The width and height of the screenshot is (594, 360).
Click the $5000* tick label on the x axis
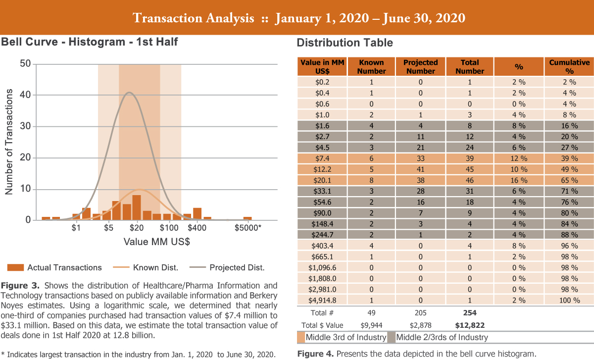(x=247, y=228)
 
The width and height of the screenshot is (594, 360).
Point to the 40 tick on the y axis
(x=25, y=95)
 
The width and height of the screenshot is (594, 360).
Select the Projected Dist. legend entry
(x=237, y=267)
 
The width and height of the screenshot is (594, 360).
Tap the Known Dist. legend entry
(x=155, y=267)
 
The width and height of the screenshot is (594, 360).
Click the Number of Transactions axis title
(x=8, y=142)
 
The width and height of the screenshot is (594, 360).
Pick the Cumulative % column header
(x=569, y=66)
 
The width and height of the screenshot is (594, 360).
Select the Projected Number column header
(x=421, y=66)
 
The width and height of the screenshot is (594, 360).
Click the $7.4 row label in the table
(x=321, y=158)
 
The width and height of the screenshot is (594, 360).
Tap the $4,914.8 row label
(x=321, y=300)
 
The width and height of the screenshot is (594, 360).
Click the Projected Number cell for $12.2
(x=421, y=169)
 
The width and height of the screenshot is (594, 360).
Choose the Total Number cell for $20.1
(x=470, y=180)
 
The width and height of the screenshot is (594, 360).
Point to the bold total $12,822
(x=470, y=325)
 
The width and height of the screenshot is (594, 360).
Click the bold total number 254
(x=470, y=313)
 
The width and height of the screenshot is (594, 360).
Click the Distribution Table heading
(x=345, y=43)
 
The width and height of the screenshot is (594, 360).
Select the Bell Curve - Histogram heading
(x=89, y=42)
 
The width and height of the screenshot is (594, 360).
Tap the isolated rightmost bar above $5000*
(x=247, y=218)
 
